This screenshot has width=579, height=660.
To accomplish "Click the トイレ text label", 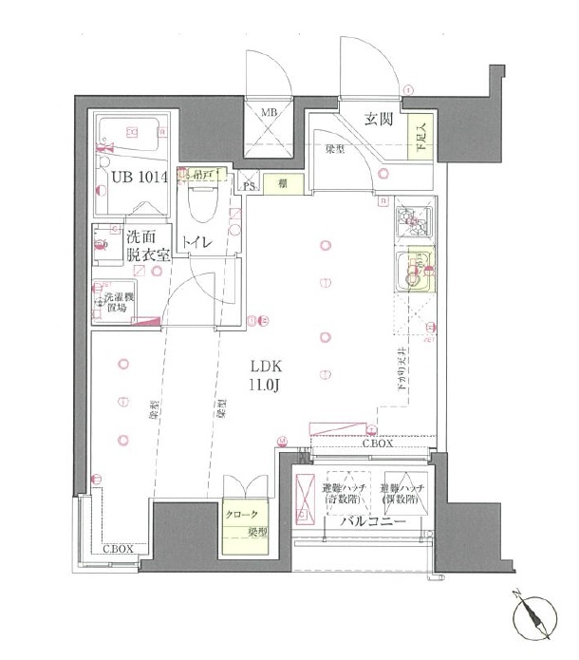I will point(197,243).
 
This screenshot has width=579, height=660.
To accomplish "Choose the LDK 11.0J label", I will point(265,374).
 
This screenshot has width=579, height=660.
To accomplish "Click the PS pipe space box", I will point(249,185).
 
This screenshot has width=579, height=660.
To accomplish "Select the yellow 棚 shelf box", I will point(284,184).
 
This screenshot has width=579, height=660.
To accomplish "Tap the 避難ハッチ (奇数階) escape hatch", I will point(346,489).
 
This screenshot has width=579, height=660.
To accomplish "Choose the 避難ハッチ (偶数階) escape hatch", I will point(403,489).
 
